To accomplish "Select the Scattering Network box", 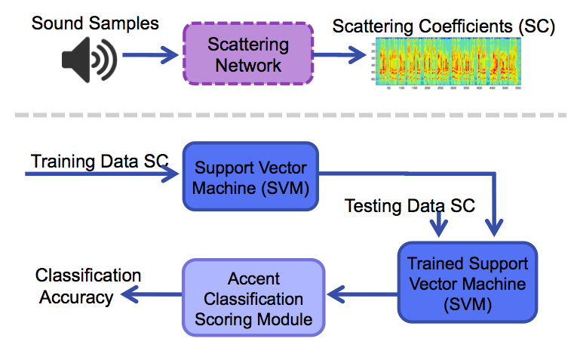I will [247, 54].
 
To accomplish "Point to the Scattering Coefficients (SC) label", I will [444, 26].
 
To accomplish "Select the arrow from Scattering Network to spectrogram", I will [342, 54].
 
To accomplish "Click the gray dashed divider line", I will [287, 115].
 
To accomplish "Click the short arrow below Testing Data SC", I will [438, 222].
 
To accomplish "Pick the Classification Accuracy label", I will [87, 286].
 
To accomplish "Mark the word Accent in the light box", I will [253, 279].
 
